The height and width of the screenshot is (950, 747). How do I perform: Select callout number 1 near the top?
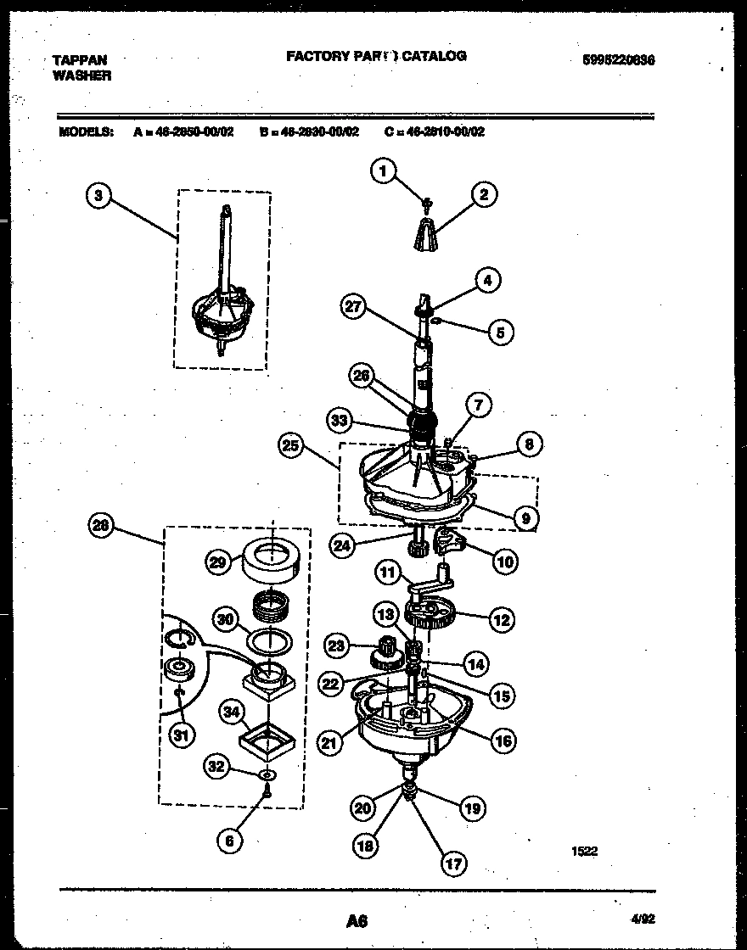pyautogui.click(x=383, y=172)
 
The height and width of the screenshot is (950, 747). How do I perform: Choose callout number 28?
pyautogui.click(x=101, y=527)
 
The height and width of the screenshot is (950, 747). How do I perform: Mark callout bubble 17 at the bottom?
pyautogui.click(x=453, y=863)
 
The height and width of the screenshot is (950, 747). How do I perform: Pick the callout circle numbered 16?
pyautogui.click(x=503, y=740)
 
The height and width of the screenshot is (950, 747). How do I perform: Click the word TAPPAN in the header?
pyautogui.click(x=80, y=59)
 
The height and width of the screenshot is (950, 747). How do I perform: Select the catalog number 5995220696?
pyautogui.click(x=619, y=60)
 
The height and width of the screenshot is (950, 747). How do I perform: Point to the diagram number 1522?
pyautogui.click(x=584, y=851)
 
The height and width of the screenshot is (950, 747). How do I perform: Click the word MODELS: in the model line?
pyautogui.click(x=86, y=131)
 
